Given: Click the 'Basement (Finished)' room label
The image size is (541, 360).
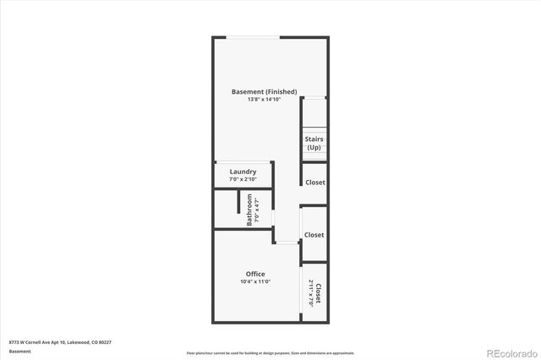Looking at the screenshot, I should tap(263, 91).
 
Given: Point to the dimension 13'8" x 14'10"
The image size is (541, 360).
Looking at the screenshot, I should tap(263, 100).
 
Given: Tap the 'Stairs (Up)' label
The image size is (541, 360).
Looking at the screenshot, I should tap(314, 143).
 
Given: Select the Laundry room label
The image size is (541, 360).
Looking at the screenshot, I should tap(243, 172).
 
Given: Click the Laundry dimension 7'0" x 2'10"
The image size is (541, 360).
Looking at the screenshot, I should tap(243, 179).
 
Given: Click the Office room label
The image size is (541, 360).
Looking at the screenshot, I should tap(255, 274).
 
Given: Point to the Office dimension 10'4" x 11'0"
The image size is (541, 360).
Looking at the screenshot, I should tap(255, 281).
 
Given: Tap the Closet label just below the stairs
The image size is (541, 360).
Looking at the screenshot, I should tap(314, 182).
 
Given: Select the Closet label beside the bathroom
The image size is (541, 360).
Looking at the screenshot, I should tap(314, 235).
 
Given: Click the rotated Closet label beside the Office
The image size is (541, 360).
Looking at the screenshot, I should tap(319, 292).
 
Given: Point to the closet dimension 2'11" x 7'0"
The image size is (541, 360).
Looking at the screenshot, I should tap(311, 292).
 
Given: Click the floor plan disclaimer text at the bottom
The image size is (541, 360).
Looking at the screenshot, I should tap(270, 352).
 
